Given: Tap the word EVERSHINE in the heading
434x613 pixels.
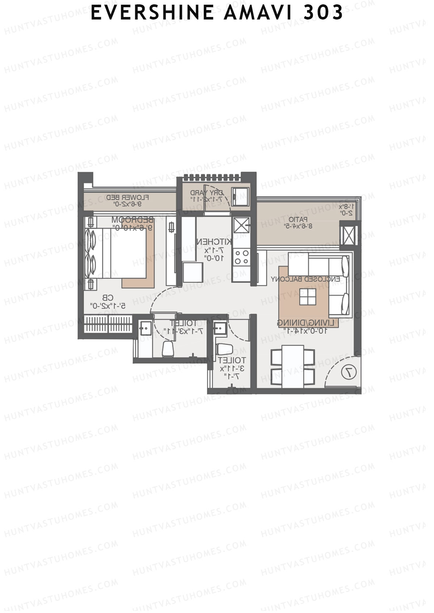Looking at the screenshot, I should (152, 13).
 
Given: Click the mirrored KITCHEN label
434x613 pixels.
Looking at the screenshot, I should (213, 242).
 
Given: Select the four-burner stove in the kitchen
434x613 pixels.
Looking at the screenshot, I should (241, 257).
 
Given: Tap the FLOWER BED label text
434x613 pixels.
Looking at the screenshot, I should (127, 198).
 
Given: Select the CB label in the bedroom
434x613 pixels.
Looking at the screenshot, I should (108, 298).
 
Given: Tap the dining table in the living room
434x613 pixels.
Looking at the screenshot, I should (293, 366).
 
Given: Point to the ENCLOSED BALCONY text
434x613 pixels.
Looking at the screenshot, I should (305, 279).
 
